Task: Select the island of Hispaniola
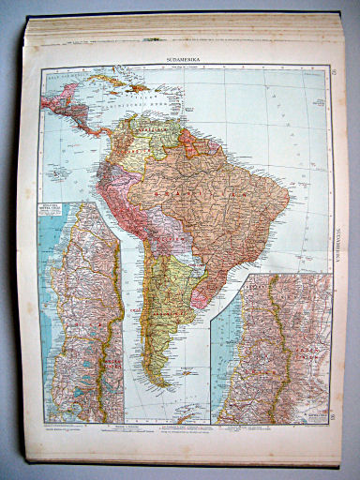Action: click(x=138, y=91)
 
